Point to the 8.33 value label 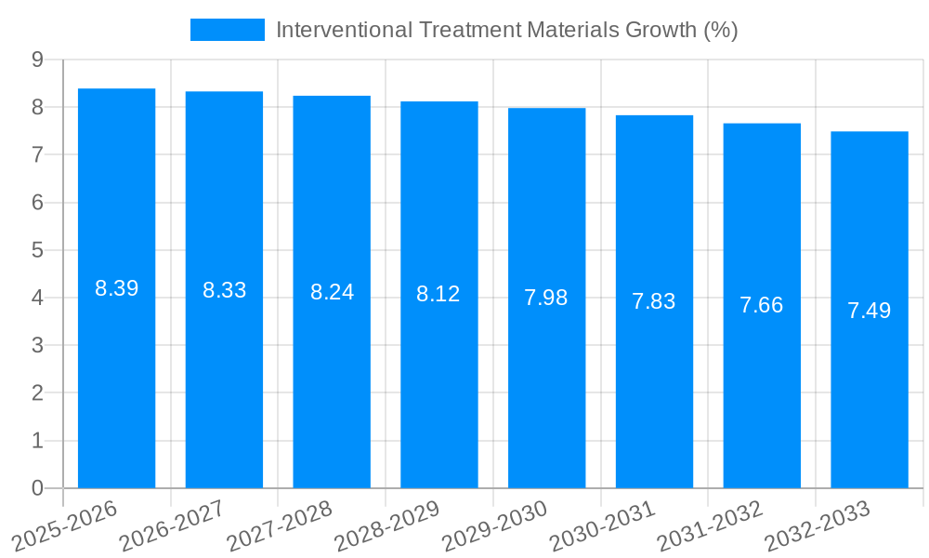click(224, 290)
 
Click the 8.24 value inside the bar click(332, 292)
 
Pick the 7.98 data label click(546, 298)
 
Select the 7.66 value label click(762, 305)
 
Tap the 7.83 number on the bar click(654, 301)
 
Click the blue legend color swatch click(227, 30)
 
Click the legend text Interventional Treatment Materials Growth click(506, 30)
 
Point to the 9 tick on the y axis click(37, 60)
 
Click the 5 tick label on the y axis click(37, 250)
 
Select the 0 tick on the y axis click(37, 488)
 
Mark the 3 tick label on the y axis click(37, 345)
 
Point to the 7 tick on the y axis click(37, 154)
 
